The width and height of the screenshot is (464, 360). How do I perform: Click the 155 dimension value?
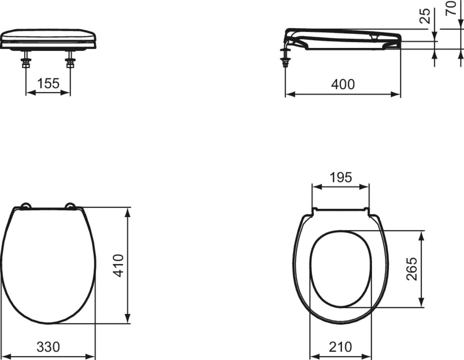pos(48,83)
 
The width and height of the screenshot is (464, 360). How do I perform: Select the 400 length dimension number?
pos(343,84)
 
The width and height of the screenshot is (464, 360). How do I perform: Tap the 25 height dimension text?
pos(425,16)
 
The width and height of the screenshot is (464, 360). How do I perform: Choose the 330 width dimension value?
pos(48,347)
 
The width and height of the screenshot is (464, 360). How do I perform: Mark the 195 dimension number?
pos(341,177)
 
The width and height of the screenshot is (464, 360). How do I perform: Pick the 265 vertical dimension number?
pos(412,269)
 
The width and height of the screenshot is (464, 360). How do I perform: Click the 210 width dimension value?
pos(340,347)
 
